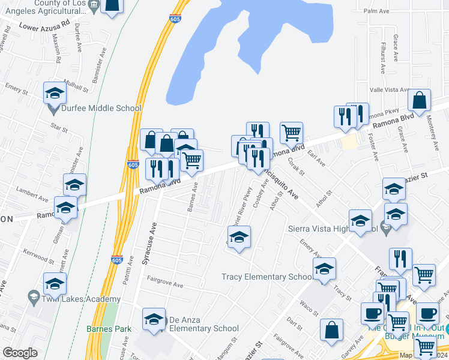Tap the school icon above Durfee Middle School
tap(55, 93)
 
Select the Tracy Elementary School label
tap(267, 277)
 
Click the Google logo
tap(20, 353)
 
